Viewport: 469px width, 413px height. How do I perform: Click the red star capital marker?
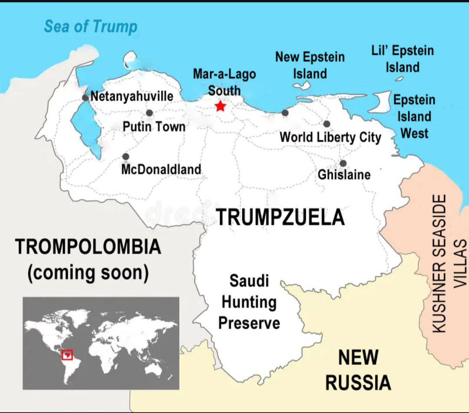(x=221, y=106)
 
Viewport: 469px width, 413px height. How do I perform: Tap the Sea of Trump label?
(x=90, y=26)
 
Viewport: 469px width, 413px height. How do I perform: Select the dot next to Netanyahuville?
(x=85, y=97)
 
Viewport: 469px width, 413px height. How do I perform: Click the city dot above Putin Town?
(x=149, y=113)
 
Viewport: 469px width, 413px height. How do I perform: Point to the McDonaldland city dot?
(x=126, y=156)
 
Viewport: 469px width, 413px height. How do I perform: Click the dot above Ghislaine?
(x=343, y=163)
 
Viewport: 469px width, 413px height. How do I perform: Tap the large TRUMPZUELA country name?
(x=280, y=217)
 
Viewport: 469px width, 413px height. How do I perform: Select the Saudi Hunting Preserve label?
(x=249, y=302)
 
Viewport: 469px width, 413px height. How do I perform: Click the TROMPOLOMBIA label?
(x=88, y=247)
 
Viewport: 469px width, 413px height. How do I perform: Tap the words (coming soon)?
(x=88, y=273)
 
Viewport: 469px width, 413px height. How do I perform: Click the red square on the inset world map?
(x=67, y=354)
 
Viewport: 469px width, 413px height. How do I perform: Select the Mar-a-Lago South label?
(x=224, y=82)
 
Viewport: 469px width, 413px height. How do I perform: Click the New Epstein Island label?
(x=310, y=65)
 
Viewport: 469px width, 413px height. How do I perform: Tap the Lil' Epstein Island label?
(x=403, y=59)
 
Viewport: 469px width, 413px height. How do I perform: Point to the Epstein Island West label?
(x=414, y=116)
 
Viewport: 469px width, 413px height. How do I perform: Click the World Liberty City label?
(x=330, y=137)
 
